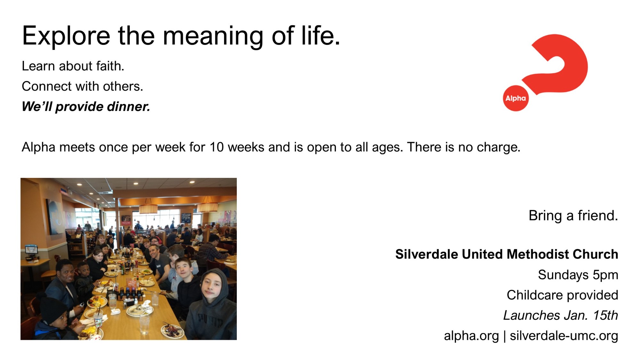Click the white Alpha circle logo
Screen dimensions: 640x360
click(516, 98)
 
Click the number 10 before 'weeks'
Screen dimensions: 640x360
click(216, 147)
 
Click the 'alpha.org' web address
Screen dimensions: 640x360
click(471, 336)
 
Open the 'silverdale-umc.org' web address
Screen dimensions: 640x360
click(564, 336)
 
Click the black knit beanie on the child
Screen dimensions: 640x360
click(53, 309)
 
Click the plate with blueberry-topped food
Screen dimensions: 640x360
click(172, 330)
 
